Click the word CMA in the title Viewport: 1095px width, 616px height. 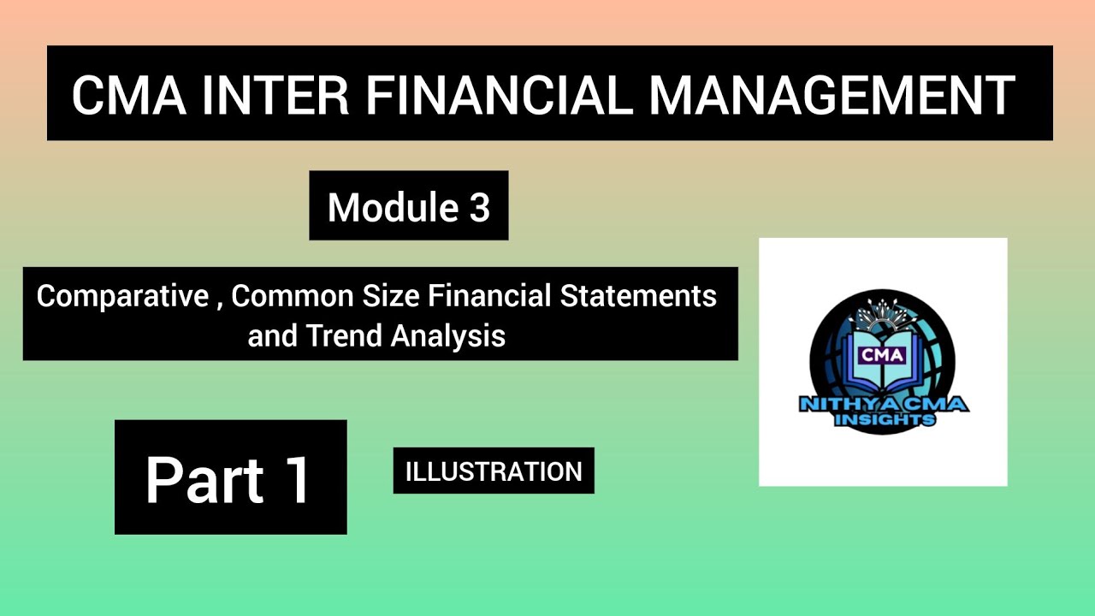tap(127, 94)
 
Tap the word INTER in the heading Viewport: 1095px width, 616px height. tap(276, 94)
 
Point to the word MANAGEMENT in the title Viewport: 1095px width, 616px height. tap(832, 94)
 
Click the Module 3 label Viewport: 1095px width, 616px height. tap(408, 207)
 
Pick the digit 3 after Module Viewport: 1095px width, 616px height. tap(479, 207)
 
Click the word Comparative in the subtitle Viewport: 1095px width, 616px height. tap(122, 297)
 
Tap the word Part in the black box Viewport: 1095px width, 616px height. tap(204, 480)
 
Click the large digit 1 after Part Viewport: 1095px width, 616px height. tap(298, 480)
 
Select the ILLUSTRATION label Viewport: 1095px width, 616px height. tap(493, 471)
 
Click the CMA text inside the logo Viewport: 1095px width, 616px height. tap(882, 353)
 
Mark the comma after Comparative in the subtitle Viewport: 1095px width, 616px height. tap(219, 304)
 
